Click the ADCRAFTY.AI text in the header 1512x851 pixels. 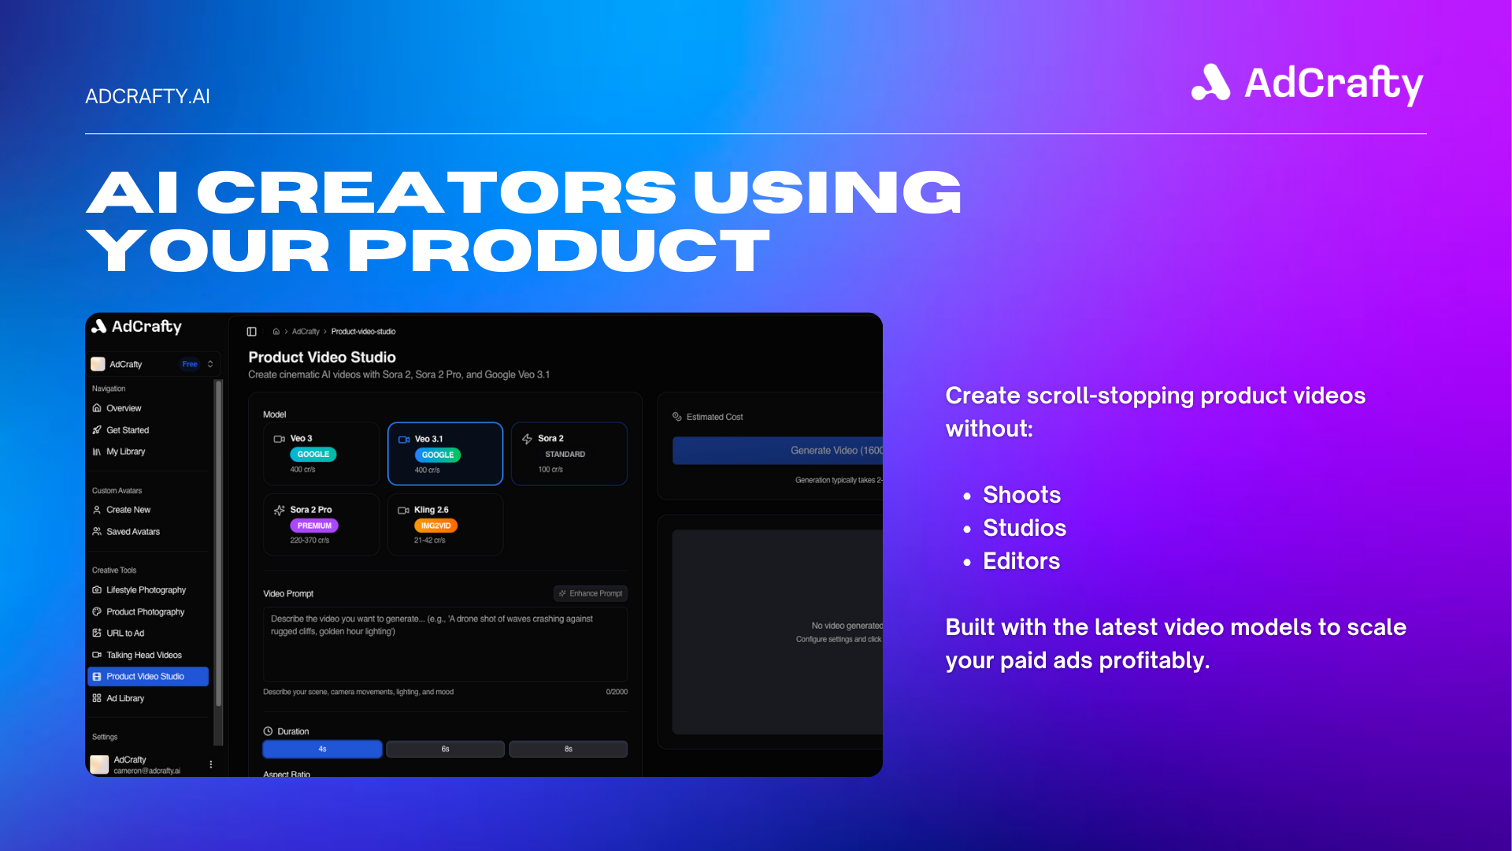point(147,96)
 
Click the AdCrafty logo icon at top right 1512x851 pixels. point(1210,83)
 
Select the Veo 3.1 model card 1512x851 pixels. point(445,453)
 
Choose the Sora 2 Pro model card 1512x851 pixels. point(321,524)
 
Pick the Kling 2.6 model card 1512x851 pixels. point(445,524)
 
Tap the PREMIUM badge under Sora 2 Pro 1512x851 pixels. point(314,526)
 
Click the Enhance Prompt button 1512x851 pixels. point(591,593)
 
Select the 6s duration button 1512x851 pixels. point(445,749)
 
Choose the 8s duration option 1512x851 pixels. point(568,749)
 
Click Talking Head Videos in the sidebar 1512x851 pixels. point(144,655)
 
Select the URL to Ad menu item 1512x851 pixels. point(125,633)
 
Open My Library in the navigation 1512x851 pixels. point(126,452)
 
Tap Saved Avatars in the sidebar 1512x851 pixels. point(133,532)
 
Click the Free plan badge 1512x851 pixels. point(190,364)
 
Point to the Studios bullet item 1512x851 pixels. point(1024,528)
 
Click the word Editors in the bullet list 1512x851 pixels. point(1021,561)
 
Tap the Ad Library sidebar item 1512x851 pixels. point(125,698)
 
